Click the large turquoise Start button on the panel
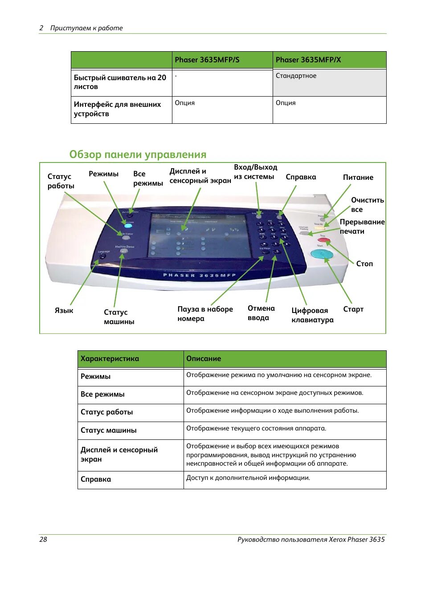322,254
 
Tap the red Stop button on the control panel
324,240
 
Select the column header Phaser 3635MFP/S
207,60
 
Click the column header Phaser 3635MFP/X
308,60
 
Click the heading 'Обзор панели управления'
138,154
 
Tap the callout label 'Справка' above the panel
301,177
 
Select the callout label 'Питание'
358,177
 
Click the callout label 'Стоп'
364,264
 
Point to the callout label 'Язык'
64,310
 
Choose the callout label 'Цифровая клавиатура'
312,315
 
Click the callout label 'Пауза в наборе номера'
205,314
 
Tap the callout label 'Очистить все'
367,205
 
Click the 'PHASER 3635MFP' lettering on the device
199,275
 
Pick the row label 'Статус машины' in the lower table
109,430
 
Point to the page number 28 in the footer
43,539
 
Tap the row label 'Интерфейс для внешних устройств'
117,109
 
